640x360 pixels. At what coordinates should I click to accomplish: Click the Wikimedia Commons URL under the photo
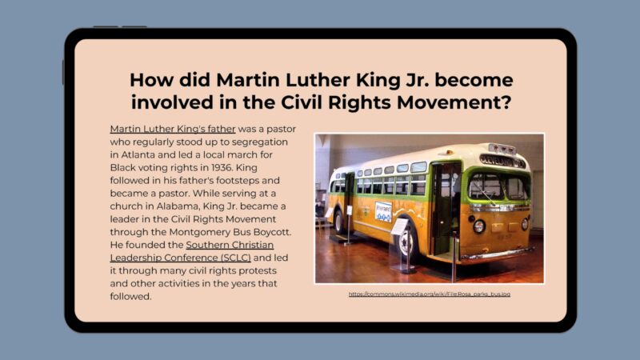[x=429, y=294]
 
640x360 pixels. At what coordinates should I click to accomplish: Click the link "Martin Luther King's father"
[x=173, y=128]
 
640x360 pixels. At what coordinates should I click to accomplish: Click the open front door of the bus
[x=446, y=205]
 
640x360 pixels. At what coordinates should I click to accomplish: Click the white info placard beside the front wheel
[x=398, y=226]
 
